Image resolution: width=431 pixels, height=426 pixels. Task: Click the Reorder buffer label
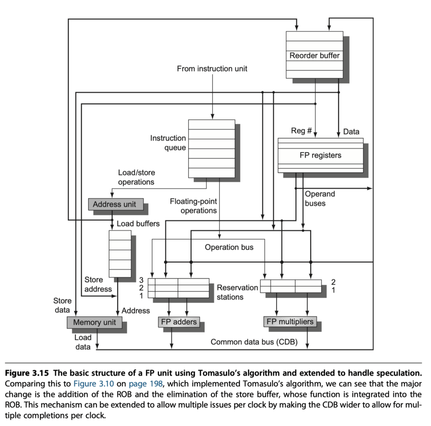tap(314, 56)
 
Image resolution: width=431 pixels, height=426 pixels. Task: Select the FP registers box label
tap(320, 155)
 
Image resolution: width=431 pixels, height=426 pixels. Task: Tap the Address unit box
tap(116, 204)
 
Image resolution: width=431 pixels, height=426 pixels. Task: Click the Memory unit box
tap(95, 322)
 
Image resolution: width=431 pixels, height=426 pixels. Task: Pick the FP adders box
tap(179, 322)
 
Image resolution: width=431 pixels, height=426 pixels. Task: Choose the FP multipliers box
tap(290, 322)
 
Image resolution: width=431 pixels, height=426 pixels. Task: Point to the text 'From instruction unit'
tap(212, 69)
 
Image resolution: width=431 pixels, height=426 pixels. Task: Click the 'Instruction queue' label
tap(168, 143)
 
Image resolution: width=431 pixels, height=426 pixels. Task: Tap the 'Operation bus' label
tap(229, 247)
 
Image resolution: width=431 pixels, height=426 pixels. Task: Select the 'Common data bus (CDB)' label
tap(254, 342)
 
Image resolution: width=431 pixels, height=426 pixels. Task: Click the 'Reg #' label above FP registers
tap(301, 131)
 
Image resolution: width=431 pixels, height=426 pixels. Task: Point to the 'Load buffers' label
tap(138, 223)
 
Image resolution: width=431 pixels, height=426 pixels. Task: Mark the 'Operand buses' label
tap(320, 198)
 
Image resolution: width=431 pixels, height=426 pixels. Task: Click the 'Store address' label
tap(98, 284)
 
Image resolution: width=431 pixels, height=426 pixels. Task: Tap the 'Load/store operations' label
tap(136, 177)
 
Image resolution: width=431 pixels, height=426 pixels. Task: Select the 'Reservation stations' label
tap(237, 292)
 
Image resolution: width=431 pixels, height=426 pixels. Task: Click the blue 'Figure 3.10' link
tap(93, 383)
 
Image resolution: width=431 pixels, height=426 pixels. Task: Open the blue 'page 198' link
tap(146, 384)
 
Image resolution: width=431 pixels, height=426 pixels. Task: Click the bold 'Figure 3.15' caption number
tap(27, 373)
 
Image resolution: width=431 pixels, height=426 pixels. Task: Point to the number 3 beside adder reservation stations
tap(141, 280)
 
